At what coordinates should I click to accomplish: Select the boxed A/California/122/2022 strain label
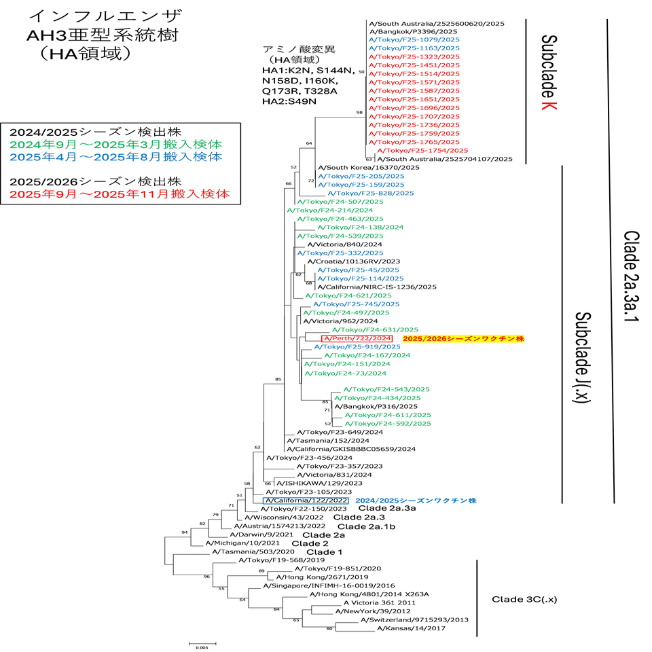point(305,500)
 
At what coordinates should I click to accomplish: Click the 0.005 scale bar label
point(202,647)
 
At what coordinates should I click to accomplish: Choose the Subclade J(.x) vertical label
point(583,358)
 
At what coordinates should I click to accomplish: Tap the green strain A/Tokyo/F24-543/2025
point(387,389)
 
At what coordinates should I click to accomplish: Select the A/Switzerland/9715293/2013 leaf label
point(414,619)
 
